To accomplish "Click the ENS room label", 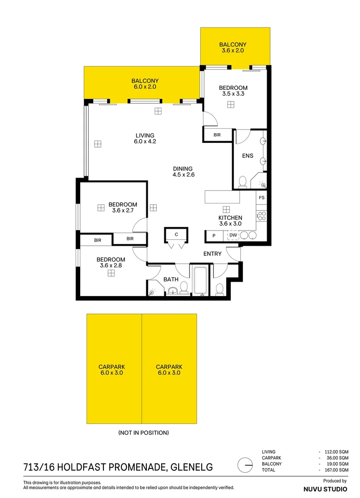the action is tap(248, 156).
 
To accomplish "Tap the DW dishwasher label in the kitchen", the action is tap(233, 235).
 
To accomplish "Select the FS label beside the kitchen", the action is tap(261, 197).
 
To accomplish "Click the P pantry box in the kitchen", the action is tap(214, 236).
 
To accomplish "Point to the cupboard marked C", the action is tap(176, 234).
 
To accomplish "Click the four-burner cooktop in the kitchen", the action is tap(261, 216).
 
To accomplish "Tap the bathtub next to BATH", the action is tap(200, 281).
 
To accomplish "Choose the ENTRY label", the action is tap(212, 254).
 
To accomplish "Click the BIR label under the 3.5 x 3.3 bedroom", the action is tap(217, 135).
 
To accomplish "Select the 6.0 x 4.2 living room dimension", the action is tap(145, 142).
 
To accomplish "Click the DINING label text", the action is tap(183, 169).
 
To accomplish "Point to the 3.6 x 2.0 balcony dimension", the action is tap(233, 51).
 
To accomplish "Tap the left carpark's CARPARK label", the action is tap(112, 367).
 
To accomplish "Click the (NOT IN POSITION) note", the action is tap(144, 433).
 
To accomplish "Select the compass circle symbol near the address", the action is tap(245, 465).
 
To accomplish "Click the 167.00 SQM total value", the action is tap(336, 470).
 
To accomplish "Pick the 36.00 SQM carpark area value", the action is tap(338, 458).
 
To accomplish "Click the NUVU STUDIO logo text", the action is tap(325, 489).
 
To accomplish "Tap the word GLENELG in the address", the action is tap(192, 467).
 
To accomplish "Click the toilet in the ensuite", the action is tap(242, 182).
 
